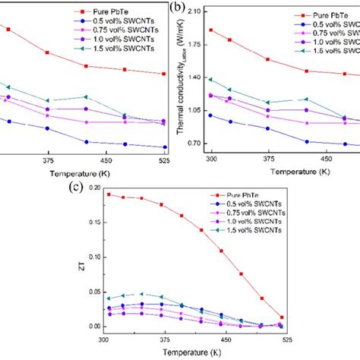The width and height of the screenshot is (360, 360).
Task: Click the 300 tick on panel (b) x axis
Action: pyautogui.click(x=211, y=160)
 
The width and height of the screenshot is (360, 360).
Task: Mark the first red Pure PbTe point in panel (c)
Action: pyautogui.click(x=109, y=194)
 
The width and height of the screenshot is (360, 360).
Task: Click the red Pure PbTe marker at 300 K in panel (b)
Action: pyautogui.click(x=211, y=30)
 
